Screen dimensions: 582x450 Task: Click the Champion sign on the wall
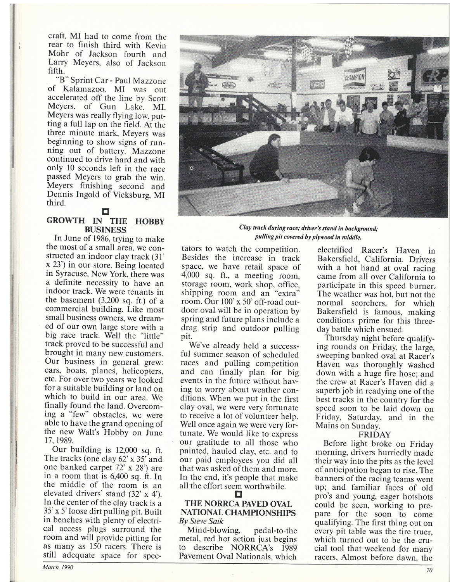[x=354, y=79]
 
